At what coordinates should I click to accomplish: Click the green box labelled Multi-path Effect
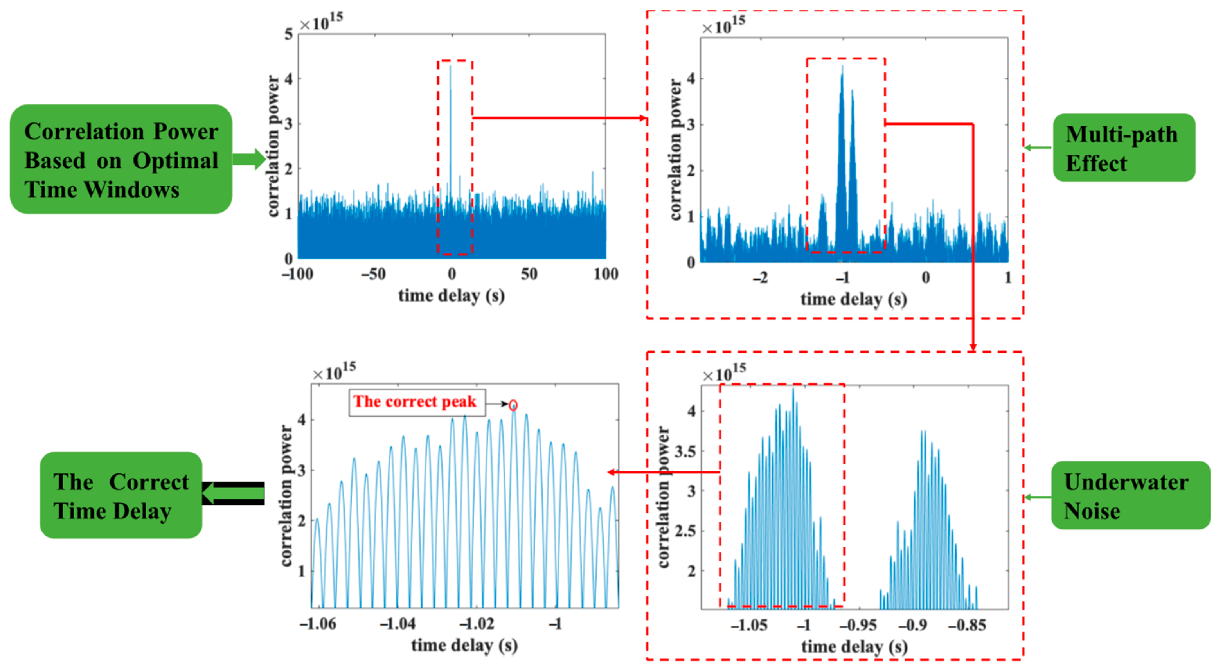[x=1124, y=148]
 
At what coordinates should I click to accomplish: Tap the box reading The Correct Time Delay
[x=121, y=495]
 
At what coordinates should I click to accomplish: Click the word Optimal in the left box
[x=175, y=160]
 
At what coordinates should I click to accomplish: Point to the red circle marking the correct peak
[x=513, y=405]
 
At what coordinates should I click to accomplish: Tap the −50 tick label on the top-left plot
[x=373, y=274]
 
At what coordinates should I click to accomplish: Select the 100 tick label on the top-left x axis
[x=606, y=274]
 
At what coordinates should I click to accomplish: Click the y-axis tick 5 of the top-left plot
[x=288, y=34]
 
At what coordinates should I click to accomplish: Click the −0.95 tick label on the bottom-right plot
[x=858, y=625]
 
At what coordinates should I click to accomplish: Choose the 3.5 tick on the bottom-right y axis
[x=685, y=452]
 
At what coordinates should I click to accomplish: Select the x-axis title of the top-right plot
[x=853, y=299]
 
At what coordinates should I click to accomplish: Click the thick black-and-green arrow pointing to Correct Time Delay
[x=234, y=493]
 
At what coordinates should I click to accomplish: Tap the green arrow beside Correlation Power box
[x=249, y=159]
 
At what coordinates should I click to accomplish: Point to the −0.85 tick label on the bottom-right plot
[x=967, y=625]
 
